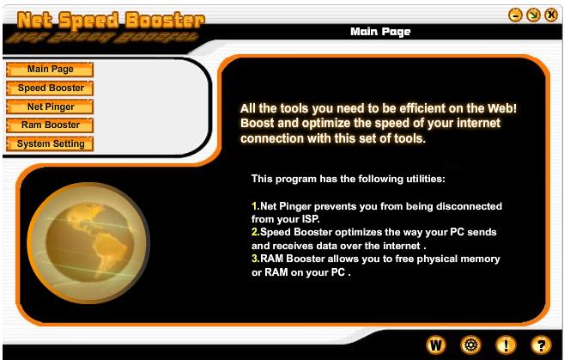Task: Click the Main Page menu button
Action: click(50, 69)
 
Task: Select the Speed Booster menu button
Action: click(50, 88)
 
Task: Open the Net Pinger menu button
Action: click(50, 107)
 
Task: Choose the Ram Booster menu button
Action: click(50, 125)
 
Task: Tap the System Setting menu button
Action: click(50, 143)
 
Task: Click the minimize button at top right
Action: click(515, 15)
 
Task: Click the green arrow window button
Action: click(533, 15)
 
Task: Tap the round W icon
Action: click(436, 345)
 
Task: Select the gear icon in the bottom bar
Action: click(470, 345)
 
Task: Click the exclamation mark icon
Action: click(506, 345)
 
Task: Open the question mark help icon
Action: click(541, 345)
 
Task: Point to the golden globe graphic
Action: click(88, 243)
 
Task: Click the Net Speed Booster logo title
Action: click(111, 20)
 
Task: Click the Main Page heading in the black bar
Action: click(380, 32)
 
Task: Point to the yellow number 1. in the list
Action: click(256, 206)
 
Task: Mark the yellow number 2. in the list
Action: click(256, 232)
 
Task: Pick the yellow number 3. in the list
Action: click(256, 259)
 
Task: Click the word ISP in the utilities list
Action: click(311, 219)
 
